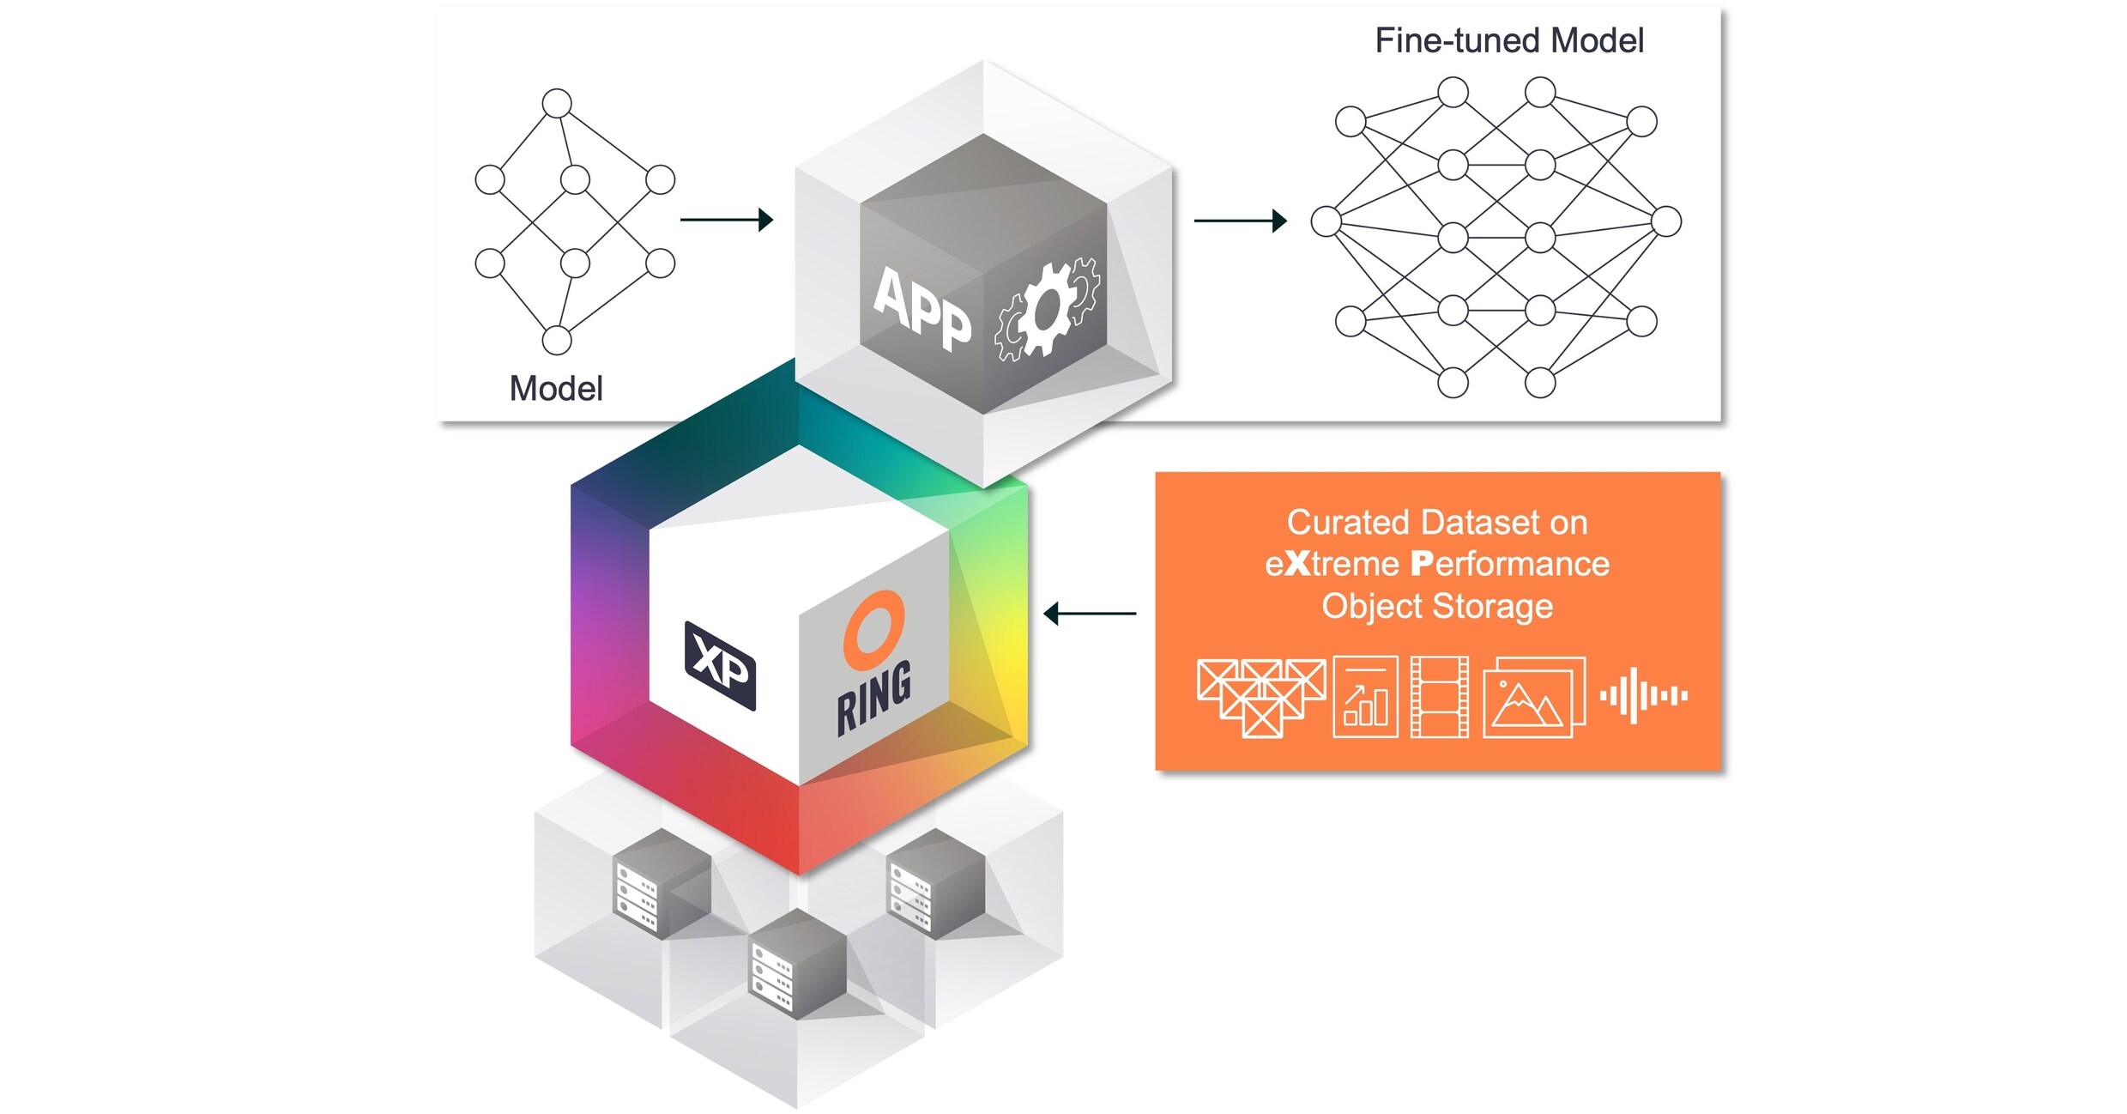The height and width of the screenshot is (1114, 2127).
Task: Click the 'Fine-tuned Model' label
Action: (x=1508, y=40)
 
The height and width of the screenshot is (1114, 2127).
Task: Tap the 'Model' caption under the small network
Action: (x=556, y=389)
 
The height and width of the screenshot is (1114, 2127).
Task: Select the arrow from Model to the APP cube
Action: (x=726, y=220)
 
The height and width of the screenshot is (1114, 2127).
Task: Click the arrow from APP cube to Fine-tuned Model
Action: (x=1240, y=221)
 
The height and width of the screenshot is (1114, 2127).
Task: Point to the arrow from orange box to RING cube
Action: (x=1090, y=614)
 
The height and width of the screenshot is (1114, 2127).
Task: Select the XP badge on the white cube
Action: (x=720, y=665)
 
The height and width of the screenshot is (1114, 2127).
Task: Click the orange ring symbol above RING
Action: (x=873, y=630)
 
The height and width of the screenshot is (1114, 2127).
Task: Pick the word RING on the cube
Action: (x=874, y=698)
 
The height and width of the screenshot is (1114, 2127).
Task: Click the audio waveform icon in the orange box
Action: (x=1643, y=695)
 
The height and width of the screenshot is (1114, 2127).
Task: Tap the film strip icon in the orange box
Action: (x=1439, y=697)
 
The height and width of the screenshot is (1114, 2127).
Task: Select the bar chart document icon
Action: (x=1365, y=697)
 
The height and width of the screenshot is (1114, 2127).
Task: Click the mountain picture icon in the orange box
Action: (x=1533, y=698)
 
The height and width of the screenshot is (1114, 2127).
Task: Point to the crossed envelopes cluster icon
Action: (x=1260, y=697)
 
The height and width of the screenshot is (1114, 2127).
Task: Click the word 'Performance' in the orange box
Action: (x=1510, y=564)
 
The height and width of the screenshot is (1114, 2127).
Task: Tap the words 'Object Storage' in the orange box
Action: (x=1437, y=606)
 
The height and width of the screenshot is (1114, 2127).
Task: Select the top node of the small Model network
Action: (x=557, y=103)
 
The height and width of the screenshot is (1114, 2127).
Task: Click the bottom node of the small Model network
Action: (x=557, y=340)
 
